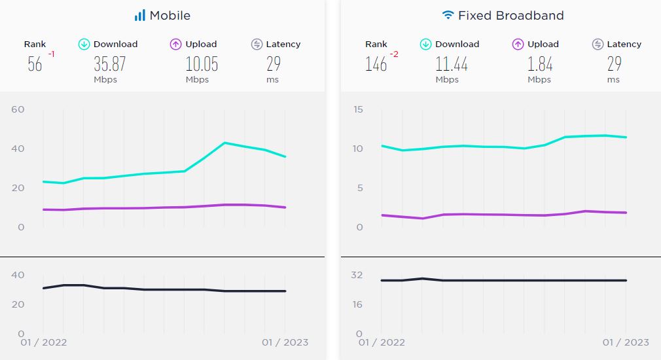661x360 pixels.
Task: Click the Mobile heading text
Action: [x=170, y=15]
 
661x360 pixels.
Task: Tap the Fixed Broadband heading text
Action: [x=510, y=15]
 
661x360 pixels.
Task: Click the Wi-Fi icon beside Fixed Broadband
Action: [x=448, y=15]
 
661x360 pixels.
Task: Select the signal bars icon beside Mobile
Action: [x=139, y=15]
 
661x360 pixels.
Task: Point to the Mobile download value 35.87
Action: [x=109, y=63]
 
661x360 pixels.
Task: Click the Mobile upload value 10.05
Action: [x=202, y=63]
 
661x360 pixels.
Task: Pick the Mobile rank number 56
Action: [x=35, y=64]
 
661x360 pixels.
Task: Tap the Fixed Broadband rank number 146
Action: [x=376, y=64]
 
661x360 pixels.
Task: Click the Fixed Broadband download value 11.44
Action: [x=452, y=63]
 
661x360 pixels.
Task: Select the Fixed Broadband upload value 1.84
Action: [x=540, y=63]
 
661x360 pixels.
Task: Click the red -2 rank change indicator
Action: [x=394, y=54]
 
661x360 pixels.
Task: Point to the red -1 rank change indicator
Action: [x=50, y=54]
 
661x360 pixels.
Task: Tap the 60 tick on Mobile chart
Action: [x=18, y=109]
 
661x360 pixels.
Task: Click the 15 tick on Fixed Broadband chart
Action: [x=357, y=109]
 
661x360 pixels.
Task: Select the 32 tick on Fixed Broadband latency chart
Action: [x=357, y=275]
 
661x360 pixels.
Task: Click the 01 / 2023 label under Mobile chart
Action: [x=285, y=342]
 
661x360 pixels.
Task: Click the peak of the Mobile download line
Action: [x=224, y=143]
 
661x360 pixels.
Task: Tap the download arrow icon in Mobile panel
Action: [x=84, y=45]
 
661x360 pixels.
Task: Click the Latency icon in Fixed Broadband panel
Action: [x=598, y=45]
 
